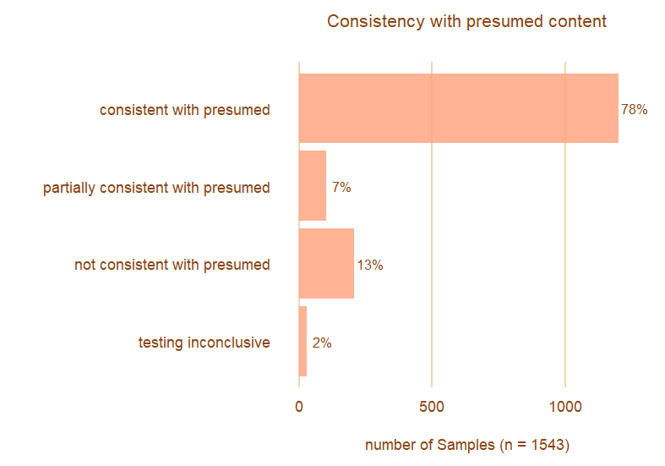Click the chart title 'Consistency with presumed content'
tap(466, 21)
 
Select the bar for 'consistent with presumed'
tap(458, 108)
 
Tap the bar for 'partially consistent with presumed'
tap(313, 186)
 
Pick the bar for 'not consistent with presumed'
tap(326, 264)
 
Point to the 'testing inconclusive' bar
tap(303, 342)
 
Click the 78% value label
tap(634, 109)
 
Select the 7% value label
tap(341, 187)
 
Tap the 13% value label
tap(370, 265)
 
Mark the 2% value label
tap(322, 343)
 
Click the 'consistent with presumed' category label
tap(184, 109)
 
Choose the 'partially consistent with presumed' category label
tap(156, 187)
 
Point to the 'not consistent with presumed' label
tap(172, 265)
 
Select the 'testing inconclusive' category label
tap(204, 343)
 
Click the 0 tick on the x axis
tap(299, 407)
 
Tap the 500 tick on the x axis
tap(432, 407)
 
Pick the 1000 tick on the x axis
tap(565, 407)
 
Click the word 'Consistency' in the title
tap(369, 21)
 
